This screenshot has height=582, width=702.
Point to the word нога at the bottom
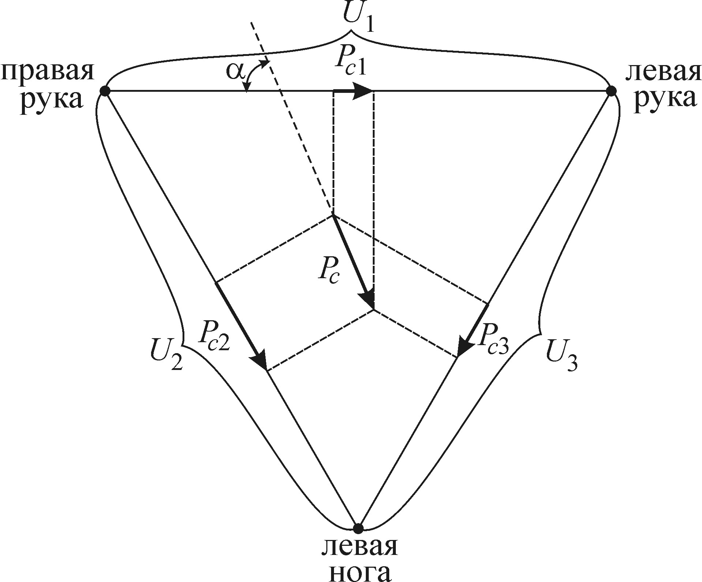click(360, 572)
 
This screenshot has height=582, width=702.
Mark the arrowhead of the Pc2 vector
click(261, 360)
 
